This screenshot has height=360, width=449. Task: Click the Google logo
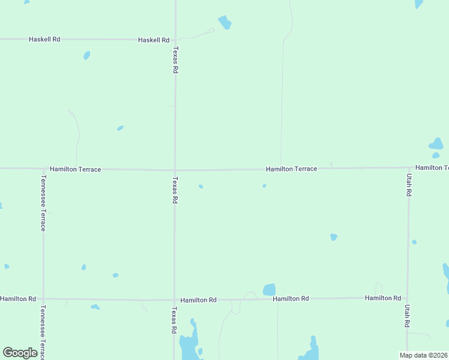tap(20, 353)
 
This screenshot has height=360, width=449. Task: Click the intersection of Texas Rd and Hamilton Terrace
tap(175, 169)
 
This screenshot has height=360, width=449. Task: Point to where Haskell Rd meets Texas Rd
tap(175, 40)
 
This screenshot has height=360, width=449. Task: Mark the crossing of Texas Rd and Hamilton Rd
tap(175, 299)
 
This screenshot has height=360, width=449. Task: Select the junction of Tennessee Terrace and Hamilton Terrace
tap(43, 169)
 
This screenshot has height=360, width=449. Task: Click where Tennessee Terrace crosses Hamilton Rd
tap(43, 299)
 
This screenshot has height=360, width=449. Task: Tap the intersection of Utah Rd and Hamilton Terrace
tap(409, 167)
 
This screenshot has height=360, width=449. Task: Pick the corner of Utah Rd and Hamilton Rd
tap(408, 298)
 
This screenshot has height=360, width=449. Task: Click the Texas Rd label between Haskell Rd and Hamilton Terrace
tap(175, 60)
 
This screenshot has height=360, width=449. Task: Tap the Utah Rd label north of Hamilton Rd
tap(409, 185)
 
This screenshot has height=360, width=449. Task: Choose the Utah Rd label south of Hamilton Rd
tap(408, 315)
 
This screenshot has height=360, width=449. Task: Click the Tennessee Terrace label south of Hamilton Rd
tap(43, 331)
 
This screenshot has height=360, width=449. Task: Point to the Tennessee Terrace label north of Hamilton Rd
tap(43, 203)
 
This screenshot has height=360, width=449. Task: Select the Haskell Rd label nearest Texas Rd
tap(154, 40)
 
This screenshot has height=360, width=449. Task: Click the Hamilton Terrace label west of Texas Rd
tap(76, 170)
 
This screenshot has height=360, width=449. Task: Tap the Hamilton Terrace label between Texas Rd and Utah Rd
tap(292, 169)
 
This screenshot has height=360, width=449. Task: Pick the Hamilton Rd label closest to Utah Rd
tap(383, 298)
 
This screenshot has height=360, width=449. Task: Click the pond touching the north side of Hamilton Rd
tap(269, 290)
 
